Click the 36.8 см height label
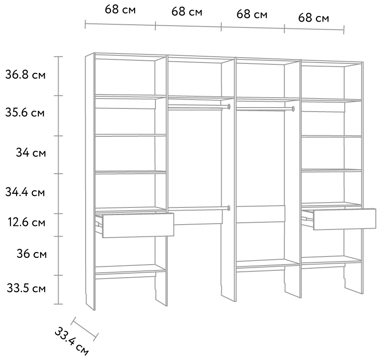point(25,75)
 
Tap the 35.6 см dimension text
point(25,112)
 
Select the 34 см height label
point(31,153)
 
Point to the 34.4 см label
point(25,192)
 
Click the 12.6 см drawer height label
point(26,222)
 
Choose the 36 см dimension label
point(32,254)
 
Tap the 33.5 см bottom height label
point(26,288)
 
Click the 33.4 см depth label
point(71,341)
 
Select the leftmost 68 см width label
point(120,10)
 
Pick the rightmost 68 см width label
point(314,18)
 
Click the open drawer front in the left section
point(138,225)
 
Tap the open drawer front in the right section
point(345,219)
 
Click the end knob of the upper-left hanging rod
point(229,106)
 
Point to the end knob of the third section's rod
point(293,109)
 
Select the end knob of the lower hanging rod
point(229,208)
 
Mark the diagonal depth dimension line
point(85,328)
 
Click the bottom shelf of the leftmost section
point(130,269)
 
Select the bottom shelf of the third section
point(268,263)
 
